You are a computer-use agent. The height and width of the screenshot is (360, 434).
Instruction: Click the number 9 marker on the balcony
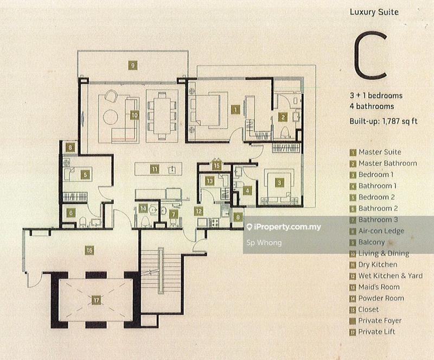(x=133, y=65)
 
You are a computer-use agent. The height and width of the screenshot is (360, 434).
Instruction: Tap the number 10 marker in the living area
(x=134, y=115)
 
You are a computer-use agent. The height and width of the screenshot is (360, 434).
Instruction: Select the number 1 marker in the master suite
(x=235, y=110)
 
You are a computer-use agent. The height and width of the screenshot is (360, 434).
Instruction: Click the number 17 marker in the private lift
(x=97, y=300)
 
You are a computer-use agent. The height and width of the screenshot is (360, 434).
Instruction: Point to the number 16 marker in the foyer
(x=90, y=250)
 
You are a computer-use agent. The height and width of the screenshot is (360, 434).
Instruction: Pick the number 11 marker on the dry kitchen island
(x=155, y=169)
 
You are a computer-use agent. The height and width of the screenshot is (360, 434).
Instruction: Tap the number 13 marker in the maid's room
(x=210, y=181)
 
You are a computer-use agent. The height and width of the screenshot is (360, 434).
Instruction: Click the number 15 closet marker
(x=216, y=166)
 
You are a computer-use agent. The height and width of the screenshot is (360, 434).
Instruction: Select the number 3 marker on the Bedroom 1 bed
(x=279, y=182)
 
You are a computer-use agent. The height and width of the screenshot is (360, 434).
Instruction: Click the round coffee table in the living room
(x=111, y=117)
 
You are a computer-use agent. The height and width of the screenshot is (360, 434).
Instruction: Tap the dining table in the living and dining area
(x=162, y=116)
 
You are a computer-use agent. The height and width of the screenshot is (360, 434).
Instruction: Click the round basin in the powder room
(x=153, y=210)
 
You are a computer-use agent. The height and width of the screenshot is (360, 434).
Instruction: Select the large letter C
(x=371, y=55)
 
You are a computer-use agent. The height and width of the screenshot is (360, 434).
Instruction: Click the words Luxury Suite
(x=374, y=12)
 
